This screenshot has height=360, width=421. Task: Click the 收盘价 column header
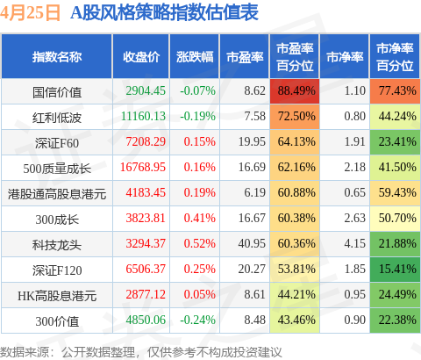coord(141,57)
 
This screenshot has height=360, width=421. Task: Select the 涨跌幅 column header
coord(195,57)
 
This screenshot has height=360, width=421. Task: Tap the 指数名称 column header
coord(57,57)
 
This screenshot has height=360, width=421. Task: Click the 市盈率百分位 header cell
coord(295,57)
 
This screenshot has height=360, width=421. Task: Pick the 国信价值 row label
coord(57,92)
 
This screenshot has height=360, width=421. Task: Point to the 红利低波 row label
coord(57,118)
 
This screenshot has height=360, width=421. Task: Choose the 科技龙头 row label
coord(57,245)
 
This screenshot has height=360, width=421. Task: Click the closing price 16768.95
coord(143,167)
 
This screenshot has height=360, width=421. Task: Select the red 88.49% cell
coord(295,90)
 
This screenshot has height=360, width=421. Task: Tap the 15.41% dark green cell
coord(395,269)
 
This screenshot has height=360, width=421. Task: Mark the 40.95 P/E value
coord(252,243)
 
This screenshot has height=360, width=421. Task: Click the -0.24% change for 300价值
coord(197,320)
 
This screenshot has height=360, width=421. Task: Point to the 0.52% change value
coord(200,243)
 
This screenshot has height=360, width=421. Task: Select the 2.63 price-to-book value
coord(355,218)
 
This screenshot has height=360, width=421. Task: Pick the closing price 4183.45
coord(146,192)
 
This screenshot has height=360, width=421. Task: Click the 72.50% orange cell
coord(295,116)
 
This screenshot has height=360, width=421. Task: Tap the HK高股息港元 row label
coord(57,296)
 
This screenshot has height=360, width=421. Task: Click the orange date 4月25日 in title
coord(30,12)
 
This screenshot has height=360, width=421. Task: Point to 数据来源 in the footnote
coord(25,352)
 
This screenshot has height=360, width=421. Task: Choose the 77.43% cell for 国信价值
coord(395,90)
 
